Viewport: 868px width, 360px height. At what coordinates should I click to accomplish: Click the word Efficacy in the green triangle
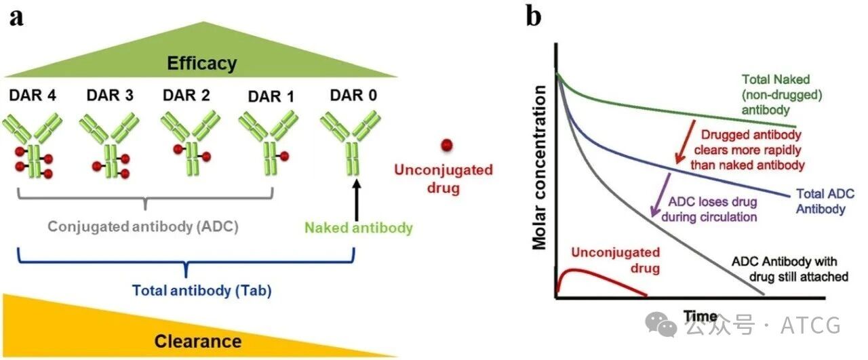pyautogui.click(x=203, y=64)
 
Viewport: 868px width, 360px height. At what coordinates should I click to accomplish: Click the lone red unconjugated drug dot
pyautogui.click(x=446, y=144)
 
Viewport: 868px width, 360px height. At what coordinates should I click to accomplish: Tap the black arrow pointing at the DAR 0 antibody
pyautogui.click(x=355, y=193)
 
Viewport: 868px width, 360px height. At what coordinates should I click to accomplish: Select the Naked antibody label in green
pyautogui.click(x=358, y=228)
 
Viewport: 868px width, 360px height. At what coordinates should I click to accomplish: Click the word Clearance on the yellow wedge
pyautogui.click(x=198, y=341)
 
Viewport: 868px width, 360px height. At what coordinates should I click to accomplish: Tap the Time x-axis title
pyautogui.click(x=701, y=316)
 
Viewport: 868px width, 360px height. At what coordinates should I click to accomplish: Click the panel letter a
pyautogui.click(x=16, y=16)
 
